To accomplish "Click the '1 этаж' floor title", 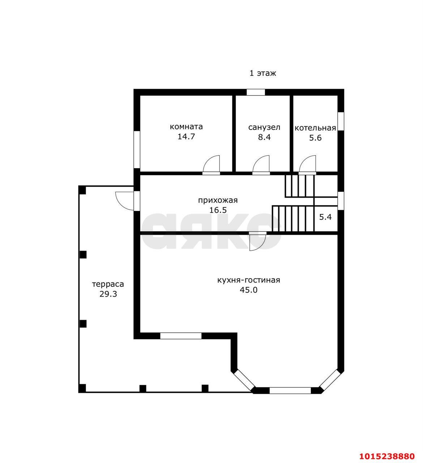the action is tap(262, 73).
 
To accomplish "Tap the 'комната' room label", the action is tap(186, 127).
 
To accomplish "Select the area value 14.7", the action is tap(186, 137).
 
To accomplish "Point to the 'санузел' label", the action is tap(264, 127).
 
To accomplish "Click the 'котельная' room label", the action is tap(315, 128).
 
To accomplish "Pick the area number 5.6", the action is tap(315, 138).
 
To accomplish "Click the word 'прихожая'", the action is tap(218, 200).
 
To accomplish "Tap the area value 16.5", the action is tap(218, 210).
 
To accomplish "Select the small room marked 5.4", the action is tap(325, 217).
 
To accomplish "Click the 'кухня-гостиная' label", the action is tap(249, 280).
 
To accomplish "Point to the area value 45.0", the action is tap(248, 290).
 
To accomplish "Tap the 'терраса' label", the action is tap(108, 284).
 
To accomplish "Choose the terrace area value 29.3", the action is tap(108, 294).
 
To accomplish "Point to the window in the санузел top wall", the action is tap(256, 92).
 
